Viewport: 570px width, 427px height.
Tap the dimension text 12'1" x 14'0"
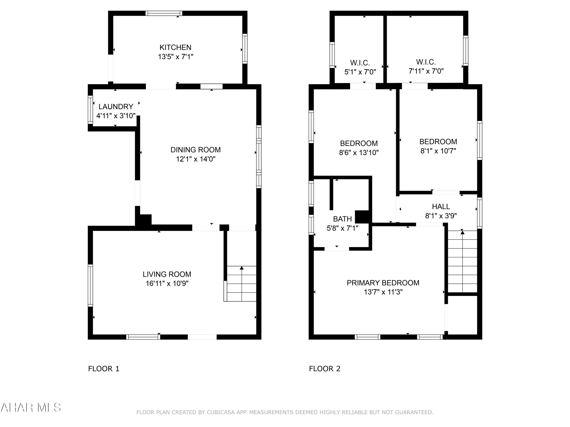tap(196, 159)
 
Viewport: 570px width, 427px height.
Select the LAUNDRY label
tap(116, 106)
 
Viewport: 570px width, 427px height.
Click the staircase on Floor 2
tap(462, 261)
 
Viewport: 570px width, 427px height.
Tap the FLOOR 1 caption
tap(104, 369)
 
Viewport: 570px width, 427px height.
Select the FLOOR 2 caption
tap(325, 369)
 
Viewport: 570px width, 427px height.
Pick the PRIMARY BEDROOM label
tap(383, 283)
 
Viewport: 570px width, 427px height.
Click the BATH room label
tap(342, 219)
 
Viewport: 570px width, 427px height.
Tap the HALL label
tap(441, 206)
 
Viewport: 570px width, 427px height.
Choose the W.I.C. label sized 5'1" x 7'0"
tap(360, 63)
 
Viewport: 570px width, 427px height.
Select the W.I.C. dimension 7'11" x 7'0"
tap(426, 71)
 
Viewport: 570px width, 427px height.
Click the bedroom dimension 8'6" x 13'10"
tap(359, 153)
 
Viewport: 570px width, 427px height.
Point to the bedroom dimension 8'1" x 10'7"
tap(438, 151)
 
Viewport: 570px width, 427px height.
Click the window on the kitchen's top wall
tap(164, 13)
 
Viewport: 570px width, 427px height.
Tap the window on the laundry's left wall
tap(90, 110)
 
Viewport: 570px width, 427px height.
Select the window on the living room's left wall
tap(90, 285)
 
